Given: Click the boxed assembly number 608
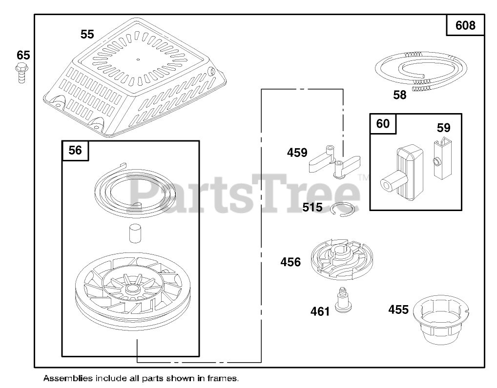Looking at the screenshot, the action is [x=465, y=25].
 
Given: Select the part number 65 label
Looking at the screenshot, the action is [x=23, y=55].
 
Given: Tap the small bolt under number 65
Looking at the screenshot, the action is [x=21, y=73].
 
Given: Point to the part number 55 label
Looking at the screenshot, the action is [x=87, y=34].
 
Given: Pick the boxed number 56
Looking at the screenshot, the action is [x=75, y=150].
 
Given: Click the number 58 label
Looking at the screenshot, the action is [x=399, y=95].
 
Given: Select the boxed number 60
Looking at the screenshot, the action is [x=383, y=124].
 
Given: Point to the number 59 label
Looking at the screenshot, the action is [x=443, y=128].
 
